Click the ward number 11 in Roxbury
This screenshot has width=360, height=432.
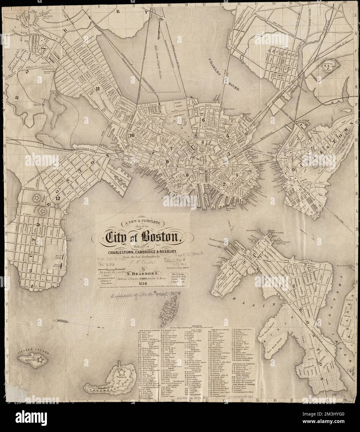(98, 88)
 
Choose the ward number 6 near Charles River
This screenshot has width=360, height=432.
(203, 119)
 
